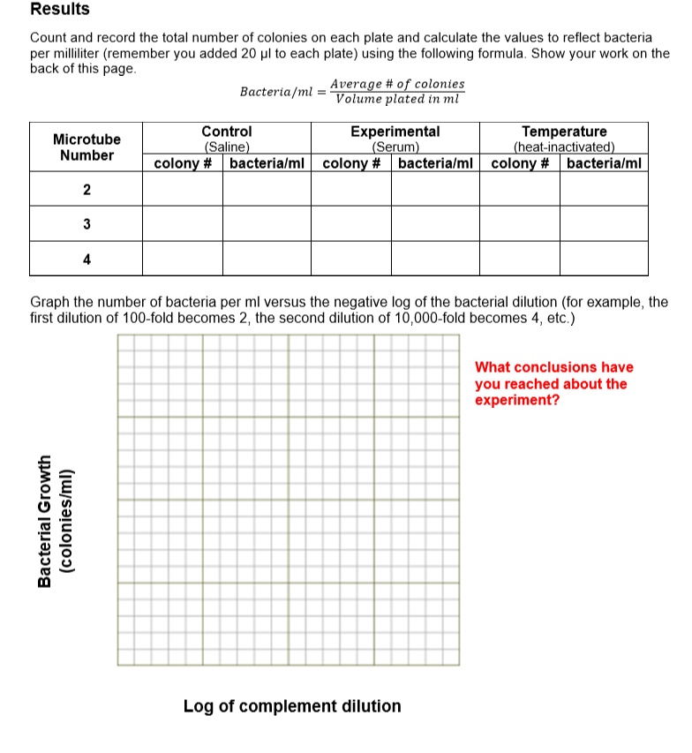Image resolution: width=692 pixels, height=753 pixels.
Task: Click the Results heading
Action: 60,10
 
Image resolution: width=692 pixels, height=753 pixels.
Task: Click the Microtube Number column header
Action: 86,147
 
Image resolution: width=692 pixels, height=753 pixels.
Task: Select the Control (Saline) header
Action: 227,139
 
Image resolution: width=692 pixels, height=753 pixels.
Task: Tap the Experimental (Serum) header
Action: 395,139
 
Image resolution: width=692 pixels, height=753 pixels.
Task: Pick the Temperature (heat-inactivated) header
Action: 564,139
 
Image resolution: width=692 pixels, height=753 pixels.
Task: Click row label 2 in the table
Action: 86,190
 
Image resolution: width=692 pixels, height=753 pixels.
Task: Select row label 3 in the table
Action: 86,224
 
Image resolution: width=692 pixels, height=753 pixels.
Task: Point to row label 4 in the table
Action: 86,260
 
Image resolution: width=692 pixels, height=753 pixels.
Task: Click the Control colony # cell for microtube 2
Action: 183,190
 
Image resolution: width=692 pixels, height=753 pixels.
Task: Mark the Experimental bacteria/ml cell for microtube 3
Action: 435,224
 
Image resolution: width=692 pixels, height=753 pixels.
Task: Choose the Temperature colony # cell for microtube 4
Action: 520,259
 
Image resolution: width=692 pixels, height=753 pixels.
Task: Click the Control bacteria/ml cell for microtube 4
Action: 267,259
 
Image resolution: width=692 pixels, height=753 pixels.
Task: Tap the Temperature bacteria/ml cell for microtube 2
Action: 604,190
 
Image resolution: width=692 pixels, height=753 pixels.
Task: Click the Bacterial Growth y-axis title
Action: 54,521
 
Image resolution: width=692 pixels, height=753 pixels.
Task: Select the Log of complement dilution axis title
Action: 292,706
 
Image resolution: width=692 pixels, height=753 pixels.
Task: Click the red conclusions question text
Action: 553,384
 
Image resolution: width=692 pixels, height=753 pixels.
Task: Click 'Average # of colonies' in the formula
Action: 397,84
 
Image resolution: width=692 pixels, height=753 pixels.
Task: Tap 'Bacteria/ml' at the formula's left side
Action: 277,92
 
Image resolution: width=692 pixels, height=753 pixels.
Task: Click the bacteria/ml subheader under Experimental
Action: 435,163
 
